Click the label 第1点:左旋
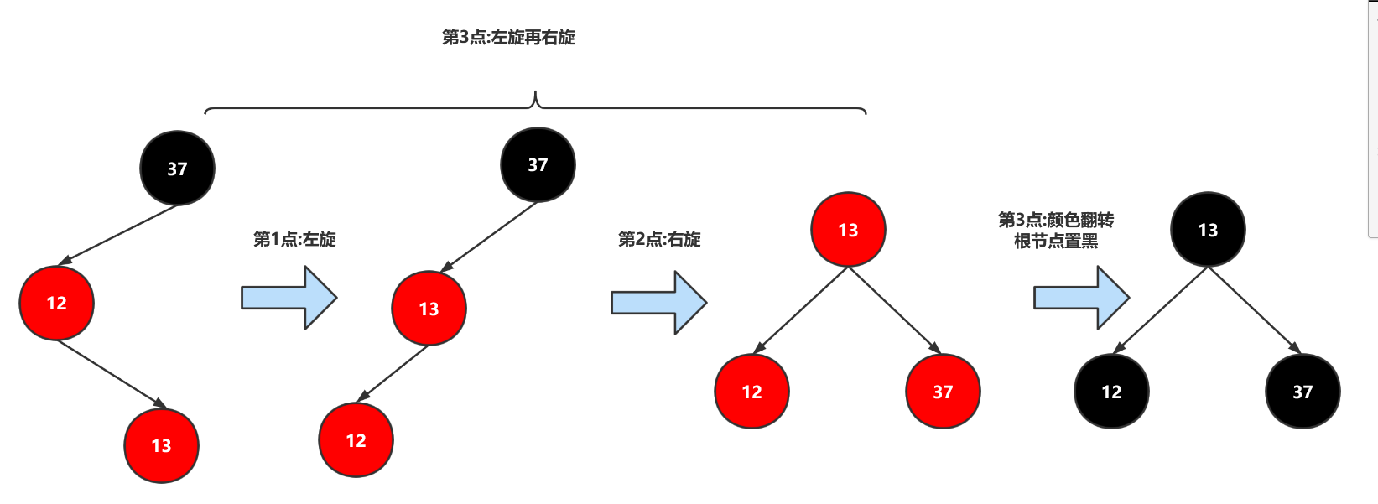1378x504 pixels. pyautogui.click(x=294, y=239)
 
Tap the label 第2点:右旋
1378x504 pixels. pyautogui.click(x=659, y=239)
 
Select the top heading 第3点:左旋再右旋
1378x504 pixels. pyautogui.click(x=508, y=37)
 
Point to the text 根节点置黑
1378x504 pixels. pyautogui.click(x=1056, y=242)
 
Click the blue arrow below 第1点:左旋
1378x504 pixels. pyautogui.click(x=289, y=298)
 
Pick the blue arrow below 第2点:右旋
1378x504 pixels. pyautogui.click(x=658, y=302)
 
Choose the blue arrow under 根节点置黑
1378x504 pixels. pyautogui.click(x=1081, y=298)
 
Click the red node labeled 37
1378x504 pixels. pyautogui.click(x=943, y=392)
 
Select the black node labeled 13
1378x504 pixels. pyautogui.click(x=1208, y=230)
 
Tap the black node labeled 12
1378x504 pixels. pyautogui.click(x=1111, y=392)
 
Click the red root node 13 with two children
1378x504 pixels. pyautogui.click(x=848, y=230)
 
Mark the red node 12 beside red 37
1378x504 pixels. pyautogui.click(x=751, y=392)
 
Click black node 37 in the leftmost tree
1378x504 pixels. pyautogui.click(x=177, y=169)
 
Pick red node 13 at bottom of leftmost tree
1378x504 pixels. pyautogui.click(x=161, y=445)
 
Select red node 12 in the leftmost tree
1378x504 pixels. pyautogui.click(x=56, y=303)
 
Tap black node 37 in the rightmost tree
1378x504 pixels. pyautogui.click(x=1303, y=392)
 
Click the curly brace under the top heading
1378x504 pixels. pyautogui.click(x=535, y=105)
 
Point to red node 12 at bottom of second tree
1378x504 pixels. pyautogui.click(x=356, y=440)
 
